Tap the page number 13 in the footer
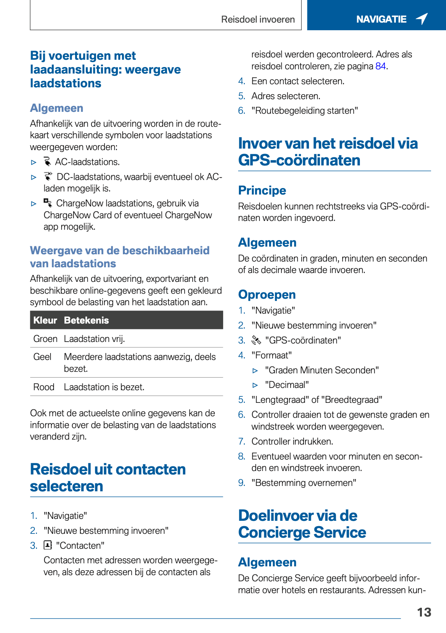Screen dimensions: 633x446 pos(424,612)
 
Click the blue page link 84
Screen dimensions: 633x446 pos(381,66)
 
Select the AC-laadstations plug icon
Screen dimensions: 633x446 pos(47,162)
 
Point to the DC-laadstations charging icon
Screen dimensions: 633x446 pos(48,176)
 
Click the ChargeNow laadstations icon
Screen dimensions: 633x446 pos(47,203)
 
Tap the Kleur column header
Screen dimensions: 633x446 pos(45,320)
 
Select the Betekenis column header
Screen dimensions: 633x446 pos(87,320)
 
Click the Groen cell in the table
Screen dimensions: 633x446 pos(45,339)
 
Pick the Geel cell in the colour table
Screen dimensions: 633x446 pos(42,357)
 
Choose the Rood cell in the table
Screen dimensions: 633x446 pos(44,387)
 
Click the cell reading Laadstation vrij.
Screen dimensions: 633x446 pos(95,339)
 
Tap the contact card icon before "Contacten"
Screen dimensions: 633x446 pos(48,545)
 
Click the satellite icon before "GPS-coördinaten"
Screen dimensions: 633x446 pos(256,340)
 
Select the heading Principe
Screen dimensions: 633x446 pos(262,190)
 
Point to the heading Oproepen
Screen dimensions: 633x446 pos(267,294)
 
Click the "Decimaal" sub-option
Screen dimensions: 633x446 pos(287,385)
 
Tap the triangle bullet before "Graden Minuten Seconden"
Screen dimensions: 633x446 pos(255,371)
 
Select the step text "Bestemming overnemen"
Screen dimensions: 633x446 pos(304,483)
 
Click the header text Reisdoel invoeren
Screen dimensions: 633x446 pos(258,20)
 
